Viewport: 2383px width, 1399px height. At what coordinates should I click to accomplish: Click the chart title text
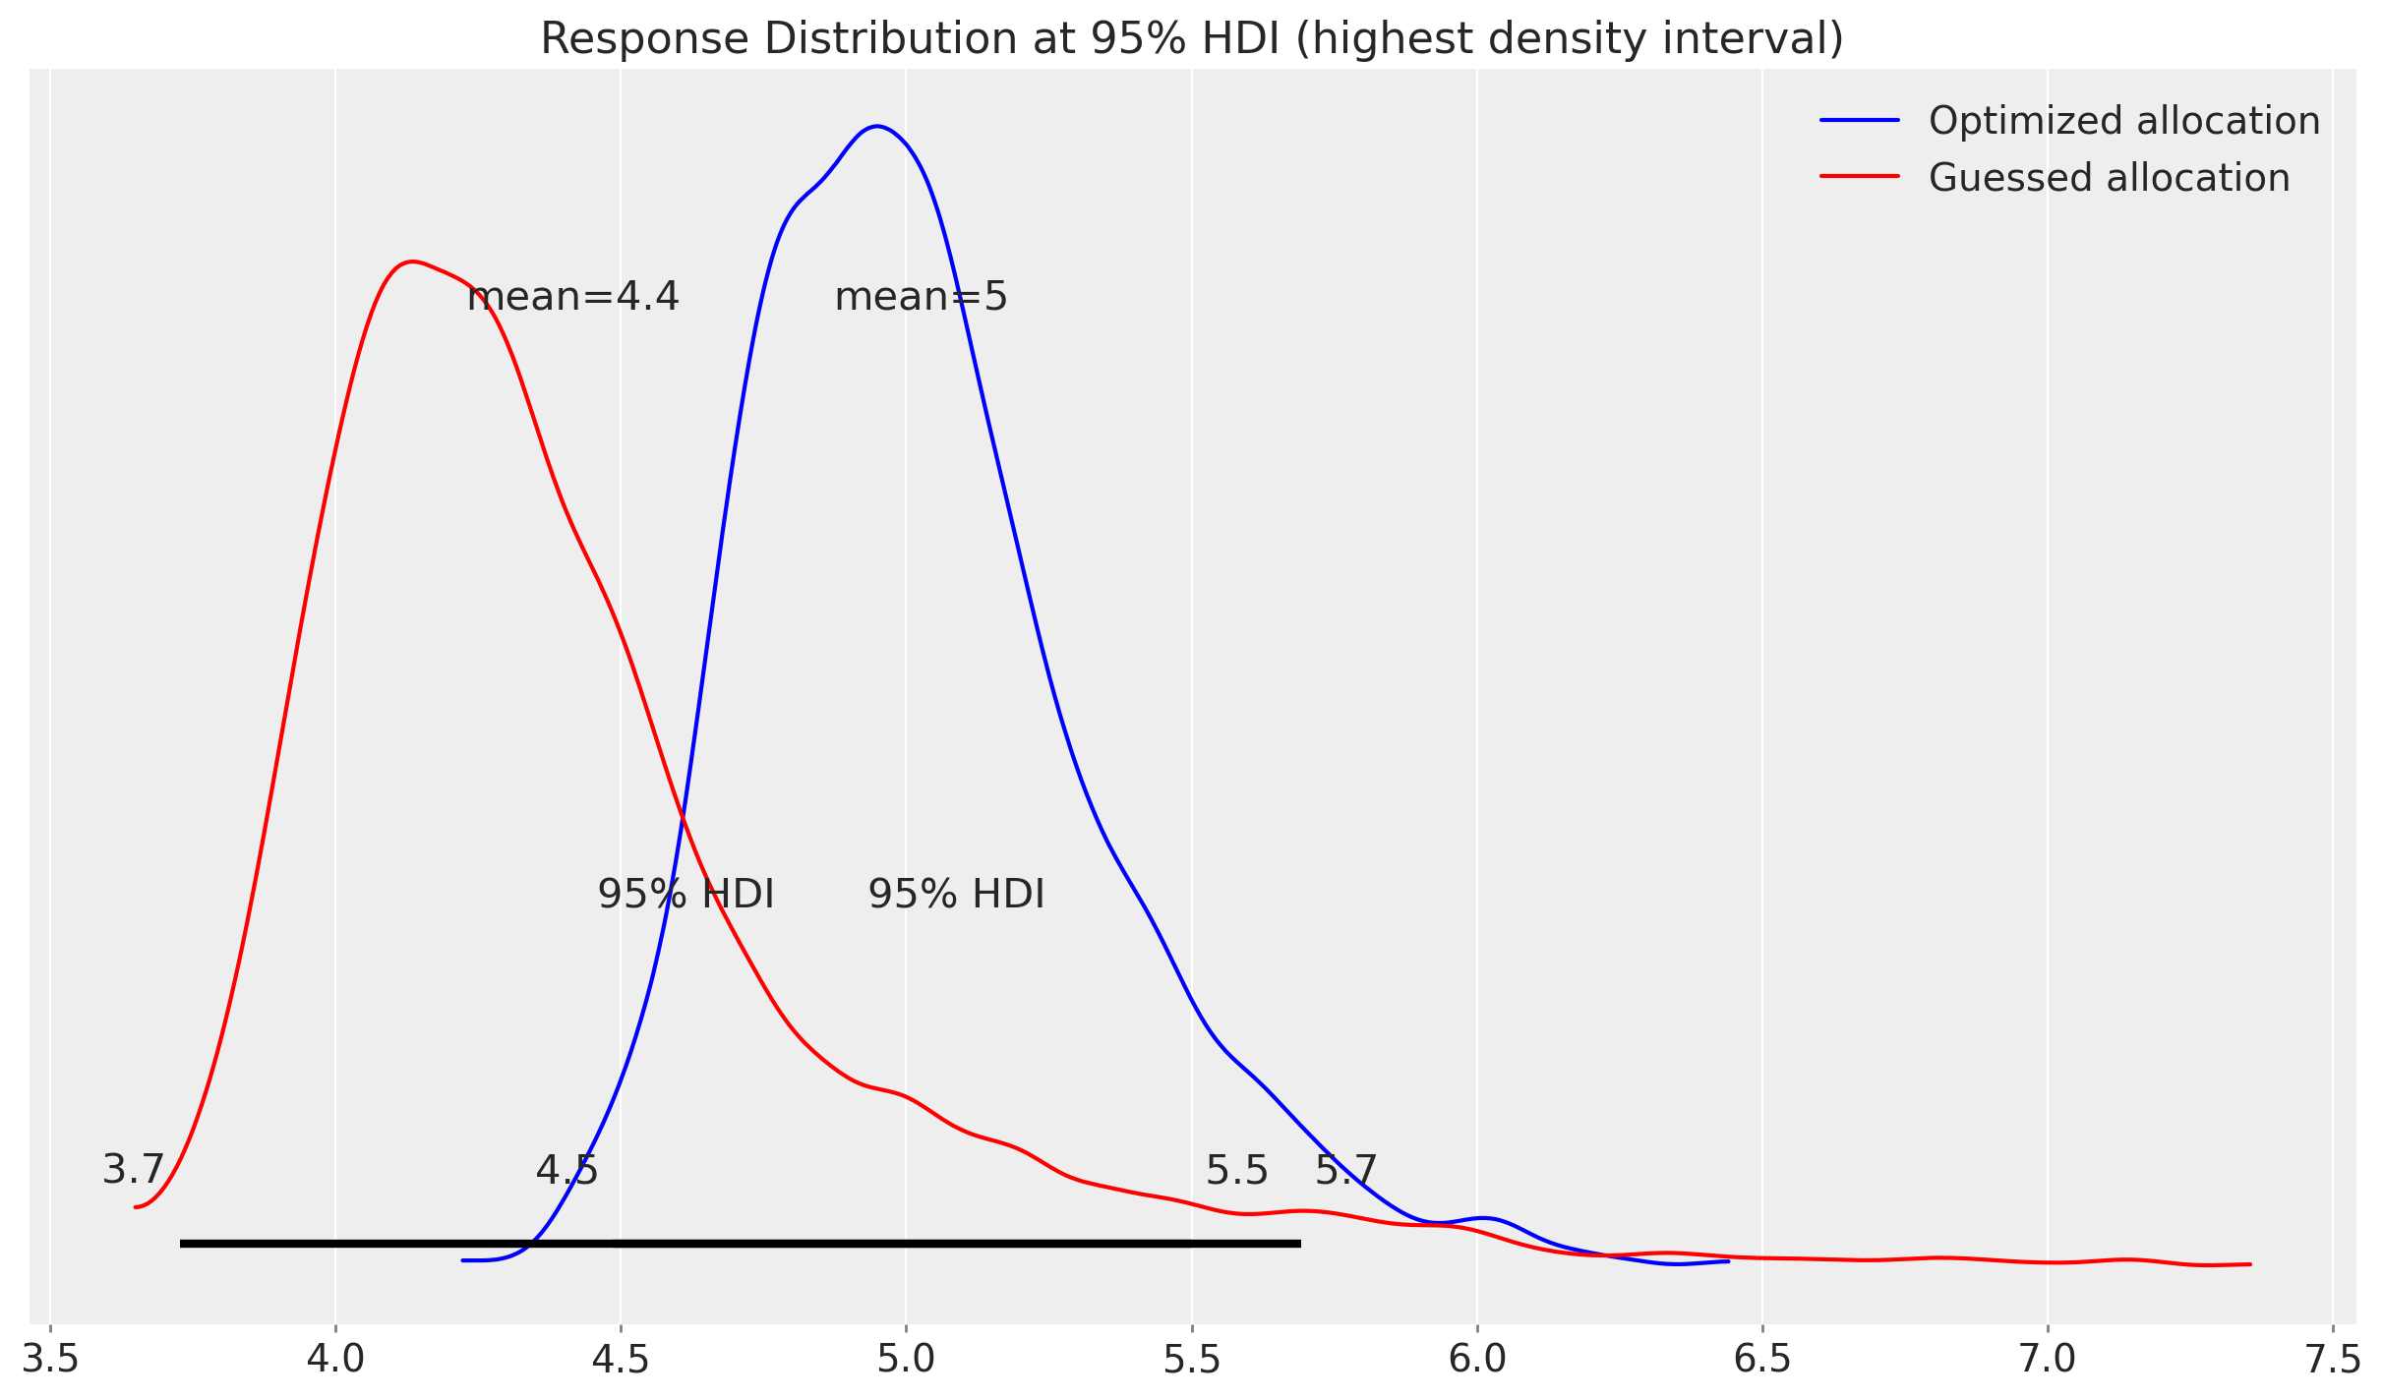[x=1191, y=39]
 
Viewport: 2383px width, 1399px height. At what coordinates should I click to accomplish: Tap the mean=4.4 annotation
[x=572, y=296]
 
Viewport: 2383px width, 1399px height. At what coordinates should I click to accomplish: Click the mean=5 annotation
[x=921, y=296]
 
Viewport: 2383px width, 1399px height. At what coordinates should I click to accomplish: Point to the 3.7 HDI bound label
[x=133, y=1170]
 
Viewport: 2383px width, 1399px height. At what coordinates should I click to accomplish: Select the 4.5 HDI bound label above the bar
[x=566, y=1170]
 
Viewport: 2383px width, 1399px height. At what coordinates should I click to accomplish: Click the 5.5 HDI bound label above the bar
[x=1236, y=1170]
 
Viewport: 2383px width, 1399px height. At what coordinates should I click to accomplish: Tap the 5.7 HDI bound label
[x=1345, y=1170]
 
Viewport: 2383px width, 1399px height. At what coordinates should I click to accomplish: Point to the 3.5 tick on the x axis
[x=51, y=1360]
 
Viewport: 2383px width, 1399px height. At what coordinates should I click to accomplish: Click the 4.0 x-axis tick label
[x=335, y=1360]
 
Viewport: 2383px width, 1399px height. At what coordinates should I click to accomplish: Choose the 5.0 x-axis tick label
[x=907, y=1360]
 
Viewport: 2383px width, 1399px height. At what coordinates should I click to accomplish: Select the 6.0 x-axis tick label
[x=1477, y=1360]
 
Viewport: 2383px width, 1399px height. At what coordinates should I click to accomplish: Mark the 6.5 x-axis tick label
[x=1762, y=1360]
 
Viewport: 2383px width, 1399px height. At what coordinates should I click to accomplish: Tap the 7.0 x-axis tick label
[x=2048, y=1360]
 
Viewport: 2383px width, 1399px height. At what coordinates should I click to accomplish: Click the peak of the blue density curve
[x=877, y=126]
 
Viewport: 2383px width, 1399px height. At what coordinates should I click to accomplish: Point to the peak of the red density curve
[x=413, y=262]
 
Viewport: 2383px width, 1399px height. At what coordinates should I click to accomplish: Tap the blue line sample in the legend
[x=1859, y=121]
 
